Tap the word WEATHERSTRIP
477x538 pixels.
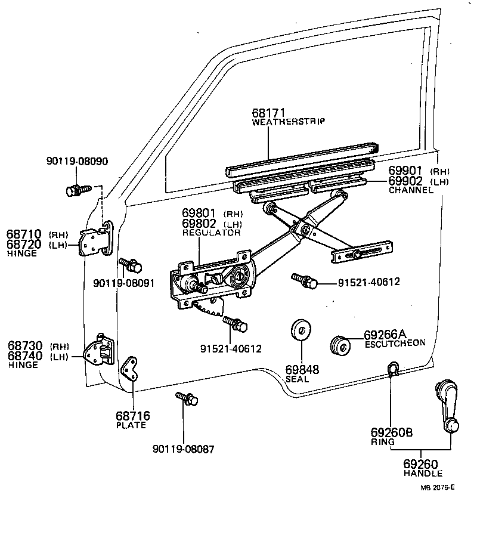[288, 122]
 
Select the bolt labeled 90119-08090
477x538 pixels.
[76, 190]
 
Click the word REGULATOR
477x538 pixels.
[211, 233]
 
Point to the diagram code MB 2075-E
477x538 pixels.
[437, 487]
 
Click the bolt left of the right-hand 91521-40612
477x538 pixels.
[303, 280]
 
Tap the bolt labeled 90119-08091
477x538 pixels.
[129, 264]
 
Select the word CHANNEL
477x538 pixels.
[411, 190]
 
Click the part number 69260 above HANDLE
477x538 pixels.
[420, 464]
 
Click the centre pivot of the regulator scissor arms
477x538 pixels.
[303, 230]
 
